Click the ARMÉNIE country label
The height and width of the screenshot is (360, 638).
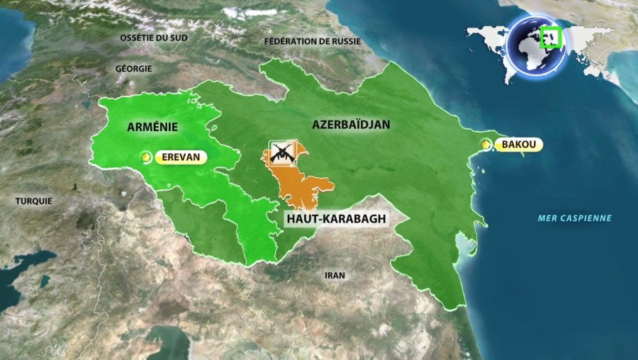(x=152, y=126)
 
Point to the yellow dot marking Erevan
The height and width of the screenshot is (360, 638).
(x=146, y=158)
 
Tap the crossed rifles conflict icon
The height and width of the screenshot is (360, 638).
(x=281, y=153)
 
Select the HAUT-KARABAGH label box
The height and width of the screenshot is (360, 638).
(x=337, y=219)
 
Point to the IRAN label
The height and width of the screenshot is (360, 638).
(x=334, y=275)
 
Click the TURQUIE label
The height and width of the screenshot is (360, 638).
(x=34, y=201)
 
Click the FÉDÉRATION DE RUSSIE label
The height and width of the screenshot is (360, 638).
(x=312, y=41)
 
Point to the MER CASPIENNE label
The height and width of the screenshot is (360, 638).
(x=573, y=218)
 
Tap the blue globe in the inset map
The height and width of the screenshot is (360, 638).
(x=535, y=47)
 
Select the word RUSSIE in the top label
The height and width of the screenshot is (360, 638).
(x=345, y=41)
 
